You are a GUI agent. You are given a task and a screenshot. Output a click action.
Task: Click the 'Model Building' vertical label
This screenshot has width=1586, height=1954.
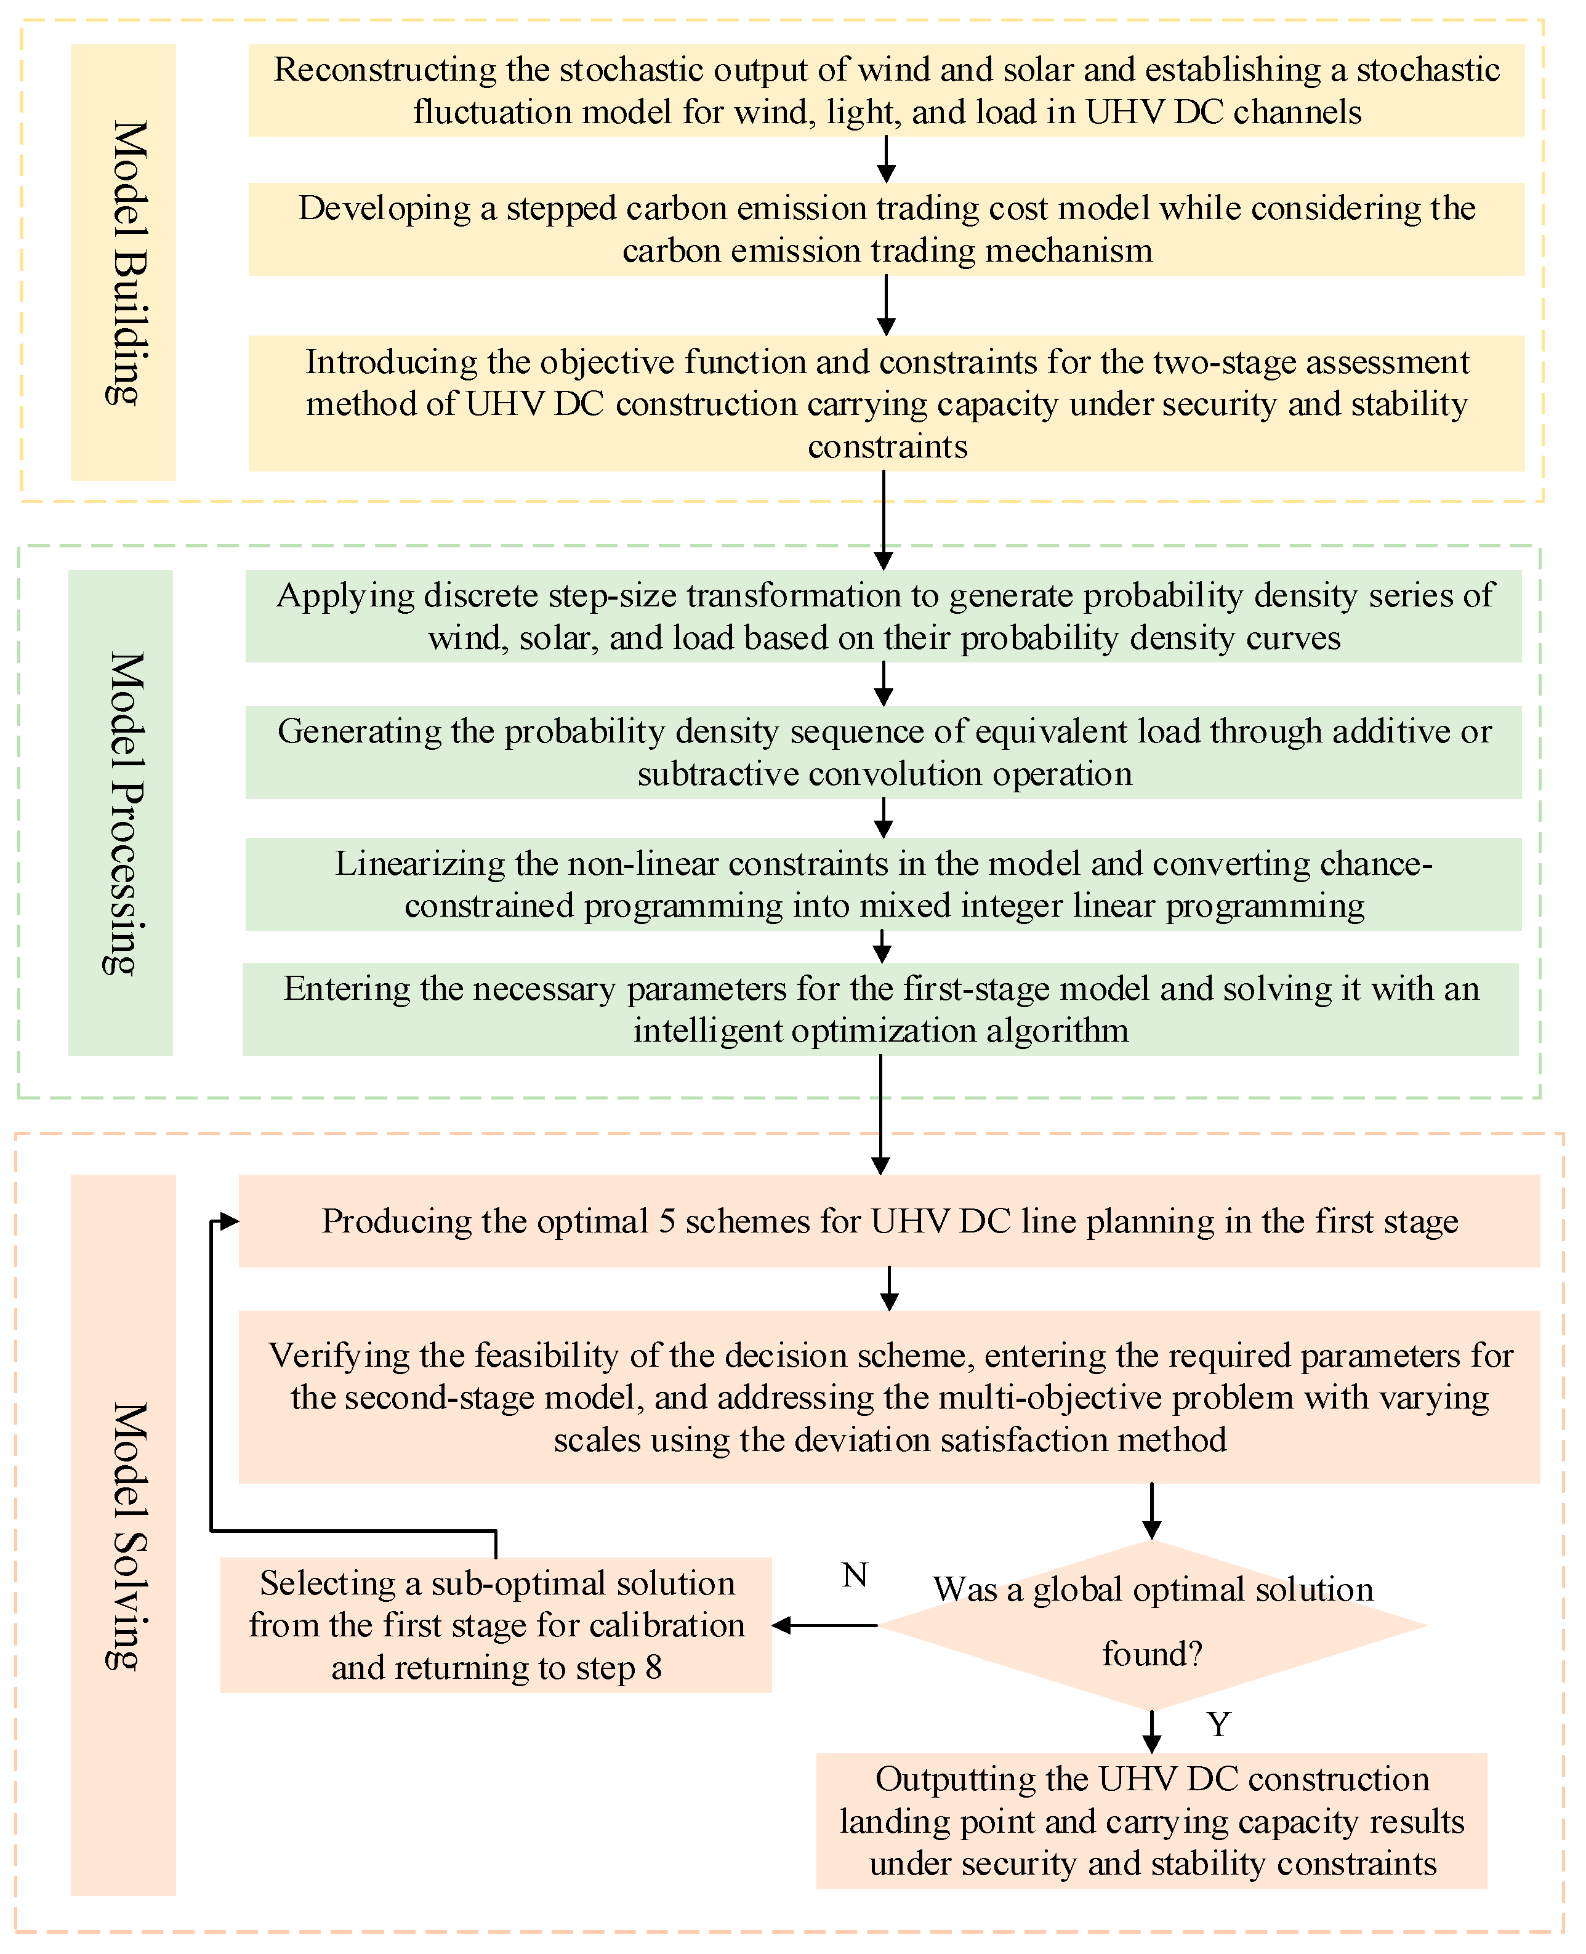[x=123, y=262]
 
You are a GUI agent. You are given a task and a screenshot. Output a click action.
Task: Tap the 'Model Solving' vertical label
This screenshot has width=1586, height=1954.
[x=123, y=1535]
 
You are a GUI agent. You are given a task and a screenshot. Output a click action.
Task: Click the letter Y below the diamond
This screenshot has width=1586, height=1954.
[x=1218, y=1725]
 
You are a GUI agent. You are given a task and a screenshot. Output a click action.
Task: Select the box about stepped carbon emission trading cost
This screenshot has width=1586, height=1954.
[x=886, y=229]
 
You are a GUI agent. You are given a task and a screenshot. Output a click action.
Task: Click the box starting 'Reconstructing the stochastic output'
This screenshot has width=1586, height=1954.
[x=886, y=90]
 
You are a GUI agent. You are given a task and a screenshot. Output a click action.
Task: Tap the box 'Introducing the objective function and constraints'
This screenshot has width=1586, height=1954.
[x=886, y=404]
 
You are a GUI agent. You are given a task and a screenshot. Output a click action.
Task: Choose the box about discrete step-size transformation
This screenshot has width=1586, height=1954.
[x=884, y=616]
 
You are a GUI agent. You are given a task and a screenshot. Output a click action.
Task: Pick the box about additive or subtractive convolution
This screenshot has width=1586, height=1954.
[x=884, y=752]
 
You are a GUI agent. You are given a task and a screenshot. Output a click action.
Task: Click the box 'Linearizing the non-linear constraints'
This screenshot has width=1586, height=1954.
[x=884, y=884]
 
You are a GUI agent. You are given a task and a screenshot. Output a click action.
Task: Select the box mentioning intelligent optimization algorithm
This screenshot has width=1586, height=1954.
[x=880, y=1010]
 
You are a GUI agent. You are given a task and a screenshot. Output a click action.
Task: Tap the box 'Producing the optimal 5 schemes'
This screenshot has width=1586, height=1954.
[x=889, y=1220]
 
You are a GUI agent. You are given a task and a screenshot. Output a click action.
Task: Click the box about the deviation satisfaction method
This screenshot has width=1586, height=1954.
[x=889, y=1397]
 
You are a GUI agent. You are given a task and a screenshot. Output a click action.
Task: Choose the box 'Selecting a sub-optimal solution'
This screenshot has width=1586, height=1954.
[x=496, y=1625]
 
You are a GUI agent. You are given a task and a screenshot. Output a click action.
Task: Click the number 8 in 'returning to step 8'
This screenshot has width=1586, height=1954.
[x=653, y=1668]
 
